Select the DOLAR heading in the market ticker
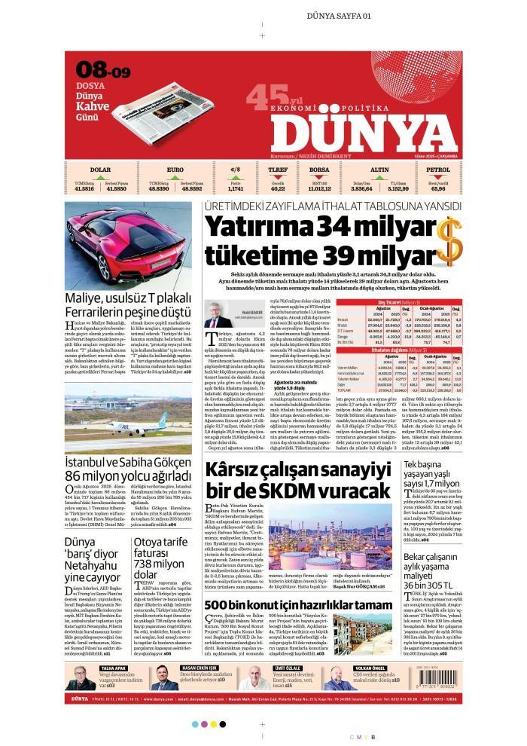pos(100,170)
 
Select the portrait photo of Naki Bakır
pos(218,313)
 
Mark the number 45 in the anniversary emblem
pos(260,96)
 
